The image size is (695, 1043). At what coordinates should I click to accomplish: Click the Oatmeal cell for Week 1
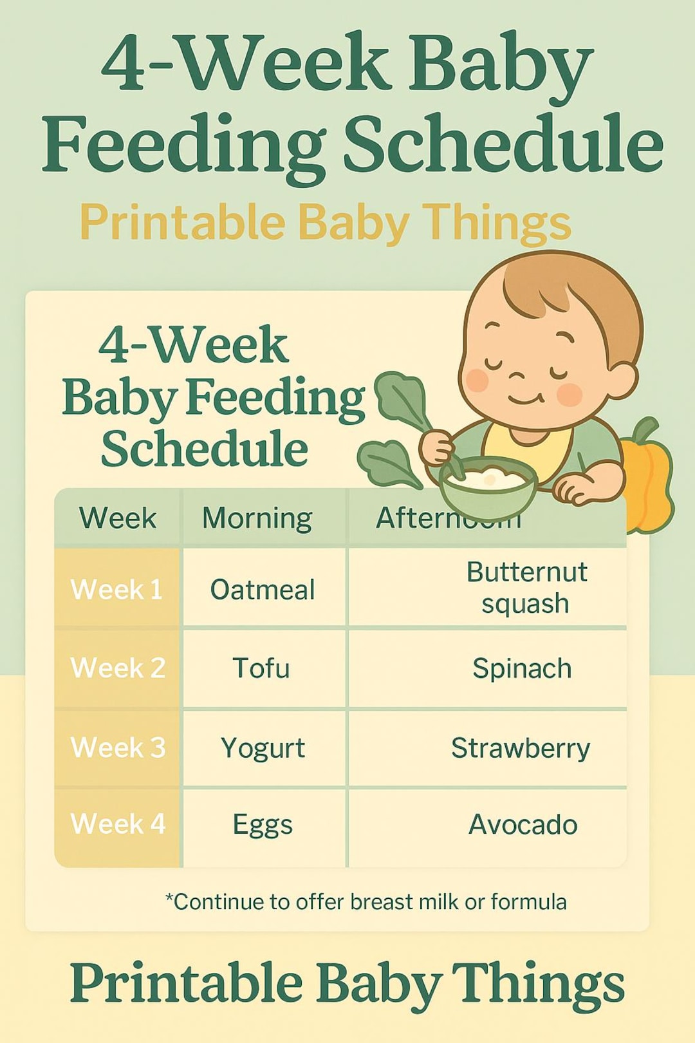(263, 589)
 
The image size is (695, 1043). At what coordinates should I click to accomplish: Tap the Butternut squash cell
(526, 587)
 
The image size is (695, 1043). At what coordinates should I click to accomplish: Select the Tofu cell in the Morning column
(261, 668)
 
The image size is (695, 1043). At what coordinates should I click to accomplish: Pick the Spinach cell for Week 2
(522, 668)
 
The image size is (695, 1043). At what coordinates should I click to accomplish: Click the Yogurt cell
(263, 748)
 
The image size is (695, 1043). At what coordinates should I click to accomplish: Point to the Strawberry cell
(520, 748)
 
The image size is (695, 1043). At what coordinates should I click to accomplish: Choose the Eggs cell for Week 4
(263, 825)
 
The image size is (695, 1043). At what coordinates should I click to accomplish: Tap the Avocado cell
(523, 825)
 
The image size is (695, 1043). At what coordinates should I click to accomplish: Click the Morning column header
(257, 518)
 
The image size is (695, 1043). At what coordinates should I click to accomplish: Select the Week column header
(117, 518)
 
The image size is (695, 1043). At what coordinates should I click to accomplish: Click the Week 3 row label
(118, 747)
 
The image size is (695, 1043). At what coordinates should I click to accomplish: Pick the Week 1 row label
(116, 589)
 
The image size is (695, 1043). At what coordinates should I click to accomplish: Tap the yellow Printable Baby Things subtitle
(325, 222)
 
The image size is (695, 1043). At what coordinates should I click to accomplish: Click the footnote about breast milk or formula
(366, 901)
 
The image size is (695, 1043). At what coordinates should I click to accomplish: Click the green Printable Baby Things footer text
(347, 984)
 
